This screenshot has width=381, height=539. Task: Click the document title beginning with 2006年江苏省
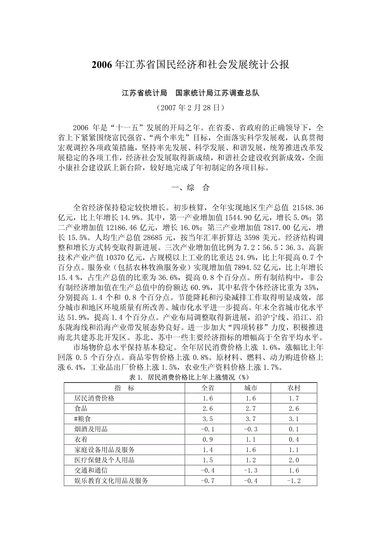[190, 65]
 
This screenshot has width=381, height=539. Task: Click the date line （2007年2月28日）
[190, 108]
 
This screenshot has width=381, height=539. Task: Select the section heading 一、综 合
[190, 188]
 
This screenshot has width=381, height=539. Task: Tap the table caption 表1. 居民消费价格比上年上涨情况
[190, 378]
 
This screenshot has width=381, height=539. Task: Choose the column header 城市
[251, 388]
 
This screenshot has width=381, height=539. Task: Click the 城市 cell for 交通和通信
[251, 471]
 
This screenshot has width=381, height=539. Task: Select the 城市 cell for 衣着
[251, 440]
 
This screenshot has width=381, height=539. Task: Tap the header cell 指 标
[124, 388]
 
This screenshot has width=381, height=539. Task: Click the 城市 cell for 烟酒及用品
[251, 429]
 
